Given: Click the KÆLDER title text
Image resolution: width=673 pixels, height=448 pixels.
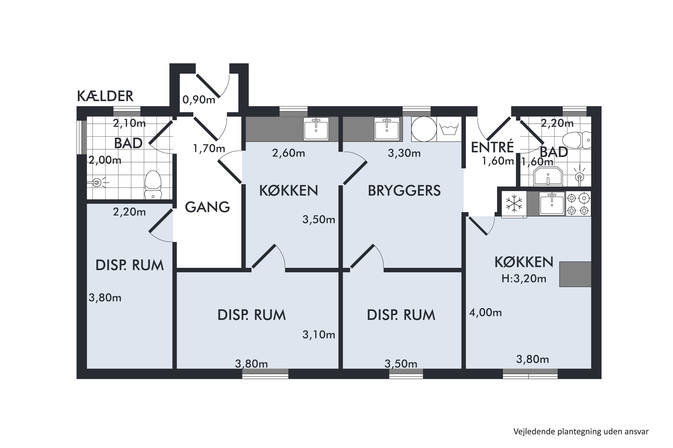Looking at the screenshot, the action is pos(105,96).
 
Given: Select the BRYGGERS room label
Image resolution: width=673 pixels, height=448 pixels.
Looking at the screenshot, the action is pos(404,191).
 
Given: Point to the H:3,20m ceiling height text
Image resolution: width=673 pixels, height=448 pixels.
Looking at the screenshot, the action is pos(524,279).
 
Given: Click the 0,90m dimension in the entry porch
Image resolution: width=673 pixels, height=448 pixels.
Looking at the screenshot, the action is pos(199,100).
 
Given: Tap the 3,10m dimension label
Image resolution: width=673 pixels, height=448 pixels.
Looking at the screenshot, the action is pos(319,335).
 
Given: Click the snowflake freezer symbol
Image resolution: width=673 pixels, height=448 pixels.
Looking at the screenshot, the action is pos(514,204).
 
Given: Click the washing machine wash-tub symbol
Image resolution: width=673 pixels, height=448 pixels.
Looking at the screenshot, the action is pos(449,129).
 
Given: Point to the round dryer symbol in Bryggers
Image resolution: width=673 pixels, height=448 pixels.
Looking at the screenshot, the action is pos(424,129).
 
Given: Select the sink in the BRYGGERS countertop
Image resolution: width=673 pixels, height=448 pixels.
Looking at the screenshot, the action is pos(387,129).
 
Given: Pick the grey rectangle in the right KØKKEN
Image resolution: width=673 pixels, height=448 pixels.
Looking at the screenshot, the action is pos(575,274).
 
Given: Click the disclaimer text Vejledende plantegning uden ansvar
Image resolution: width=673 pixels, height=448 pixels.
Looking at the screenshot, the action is pos(581,432).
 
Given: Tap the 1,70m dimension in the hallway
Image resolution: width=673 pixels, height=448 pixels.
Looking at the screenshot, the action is pos(209,149).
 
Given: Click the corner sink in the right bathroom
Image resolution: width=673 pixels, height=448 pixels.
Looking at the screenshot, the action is pos(548,176).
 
